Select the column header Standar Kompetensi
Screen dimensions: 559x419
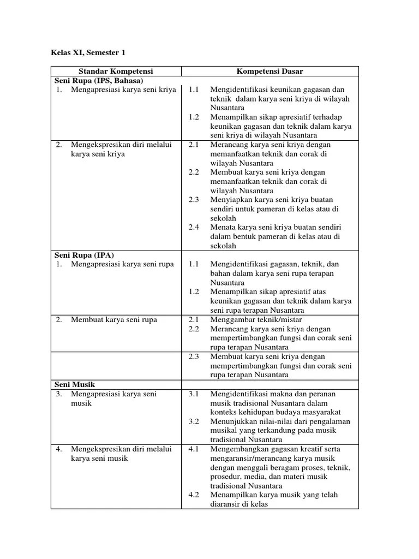coord(116,72)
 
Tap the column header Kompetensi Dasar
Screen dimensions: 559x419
coord(270,72)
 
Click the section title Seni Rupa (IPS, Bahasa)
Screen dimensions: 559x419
coord(98,81)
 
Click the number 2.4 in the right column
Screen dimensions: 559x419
coord(195,227)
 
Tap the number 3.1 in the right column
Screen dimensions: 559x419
coord(195,394)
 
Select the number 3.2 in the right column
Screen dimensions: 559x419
coord(195,421)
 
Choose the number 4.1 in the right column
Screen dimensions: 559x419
coord(195,449)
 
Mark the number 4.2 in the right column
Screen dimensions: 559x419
coord(195,495)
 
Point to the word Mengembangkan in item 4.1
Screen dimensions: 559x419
coord(236,449)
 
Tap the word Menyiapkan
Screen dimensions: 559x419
coord(229,200)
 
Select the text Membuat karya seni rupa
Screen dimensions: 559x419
coord(113,319)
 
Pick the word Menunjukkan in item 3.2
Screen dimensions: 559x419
coord(232,421)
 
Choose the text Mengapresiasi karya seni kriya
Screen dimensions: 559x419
coord(123,90)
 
